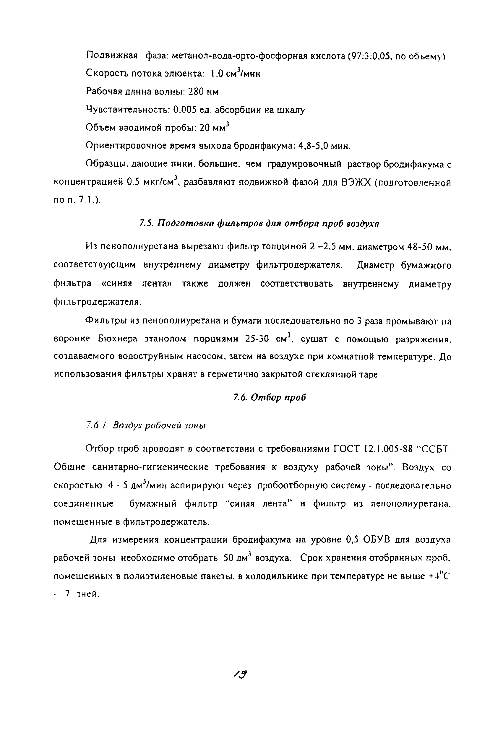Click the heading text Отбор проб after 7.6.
coord(278,397)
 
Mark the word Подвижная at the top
coord(112,56)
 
